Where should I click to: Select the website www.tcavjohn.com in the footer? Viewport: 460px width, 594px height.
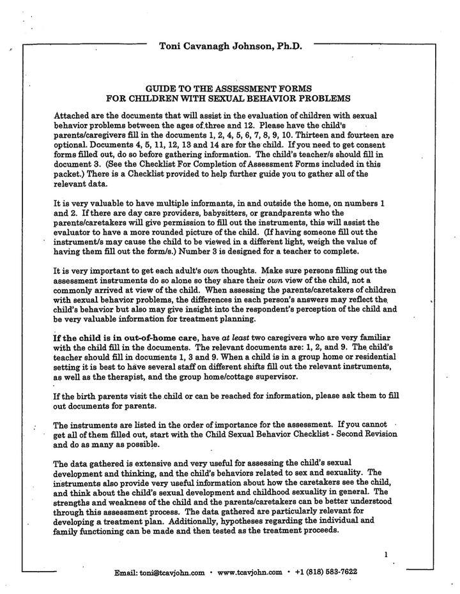coord(250,572)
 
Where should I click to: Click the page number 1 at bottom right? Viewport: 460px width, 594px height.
coord(387,555)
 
